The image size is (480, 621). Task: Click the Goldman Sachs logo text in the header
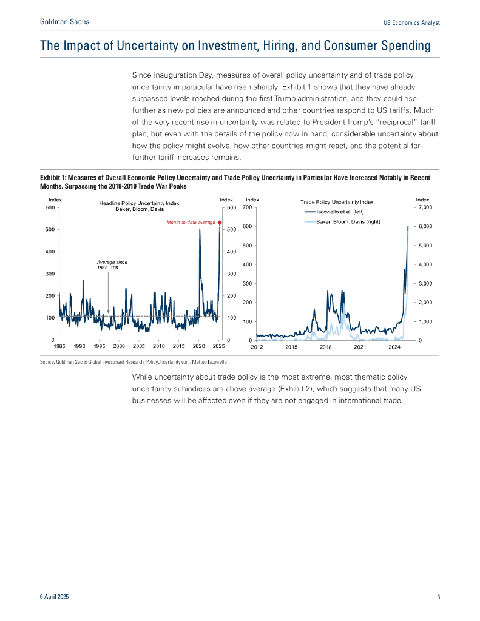tap(64, 22)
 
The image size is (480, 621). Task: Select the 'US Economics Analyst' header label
tap(411, 22)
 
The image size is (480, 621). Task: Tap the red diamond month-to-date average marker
tap(220, 223)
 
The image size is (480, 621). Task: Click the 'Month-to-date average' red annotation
tap(191, 223)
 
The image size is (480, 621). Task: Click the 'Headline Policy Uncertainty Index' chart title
tap(140, 203)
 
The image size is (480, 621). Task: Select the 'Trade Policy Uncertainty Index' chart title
tap(337, 201)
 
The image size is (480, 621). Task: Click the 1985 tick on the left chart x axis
tap(59, 346)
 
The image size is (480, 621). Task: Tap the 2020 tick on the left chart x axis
tap(199, 346)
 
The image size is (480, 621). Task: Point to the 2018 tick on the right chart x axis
tap(326, 347)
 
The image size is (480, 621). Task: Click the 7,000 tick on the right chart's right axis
tap(425, 207)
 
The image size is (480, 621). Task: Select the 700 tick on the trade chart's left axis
tap(247, 207)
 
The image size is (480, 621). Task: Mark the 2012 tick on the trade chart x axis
tap(257, 347)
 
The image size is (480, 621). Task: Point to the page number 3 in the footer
tap(438, 597)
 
